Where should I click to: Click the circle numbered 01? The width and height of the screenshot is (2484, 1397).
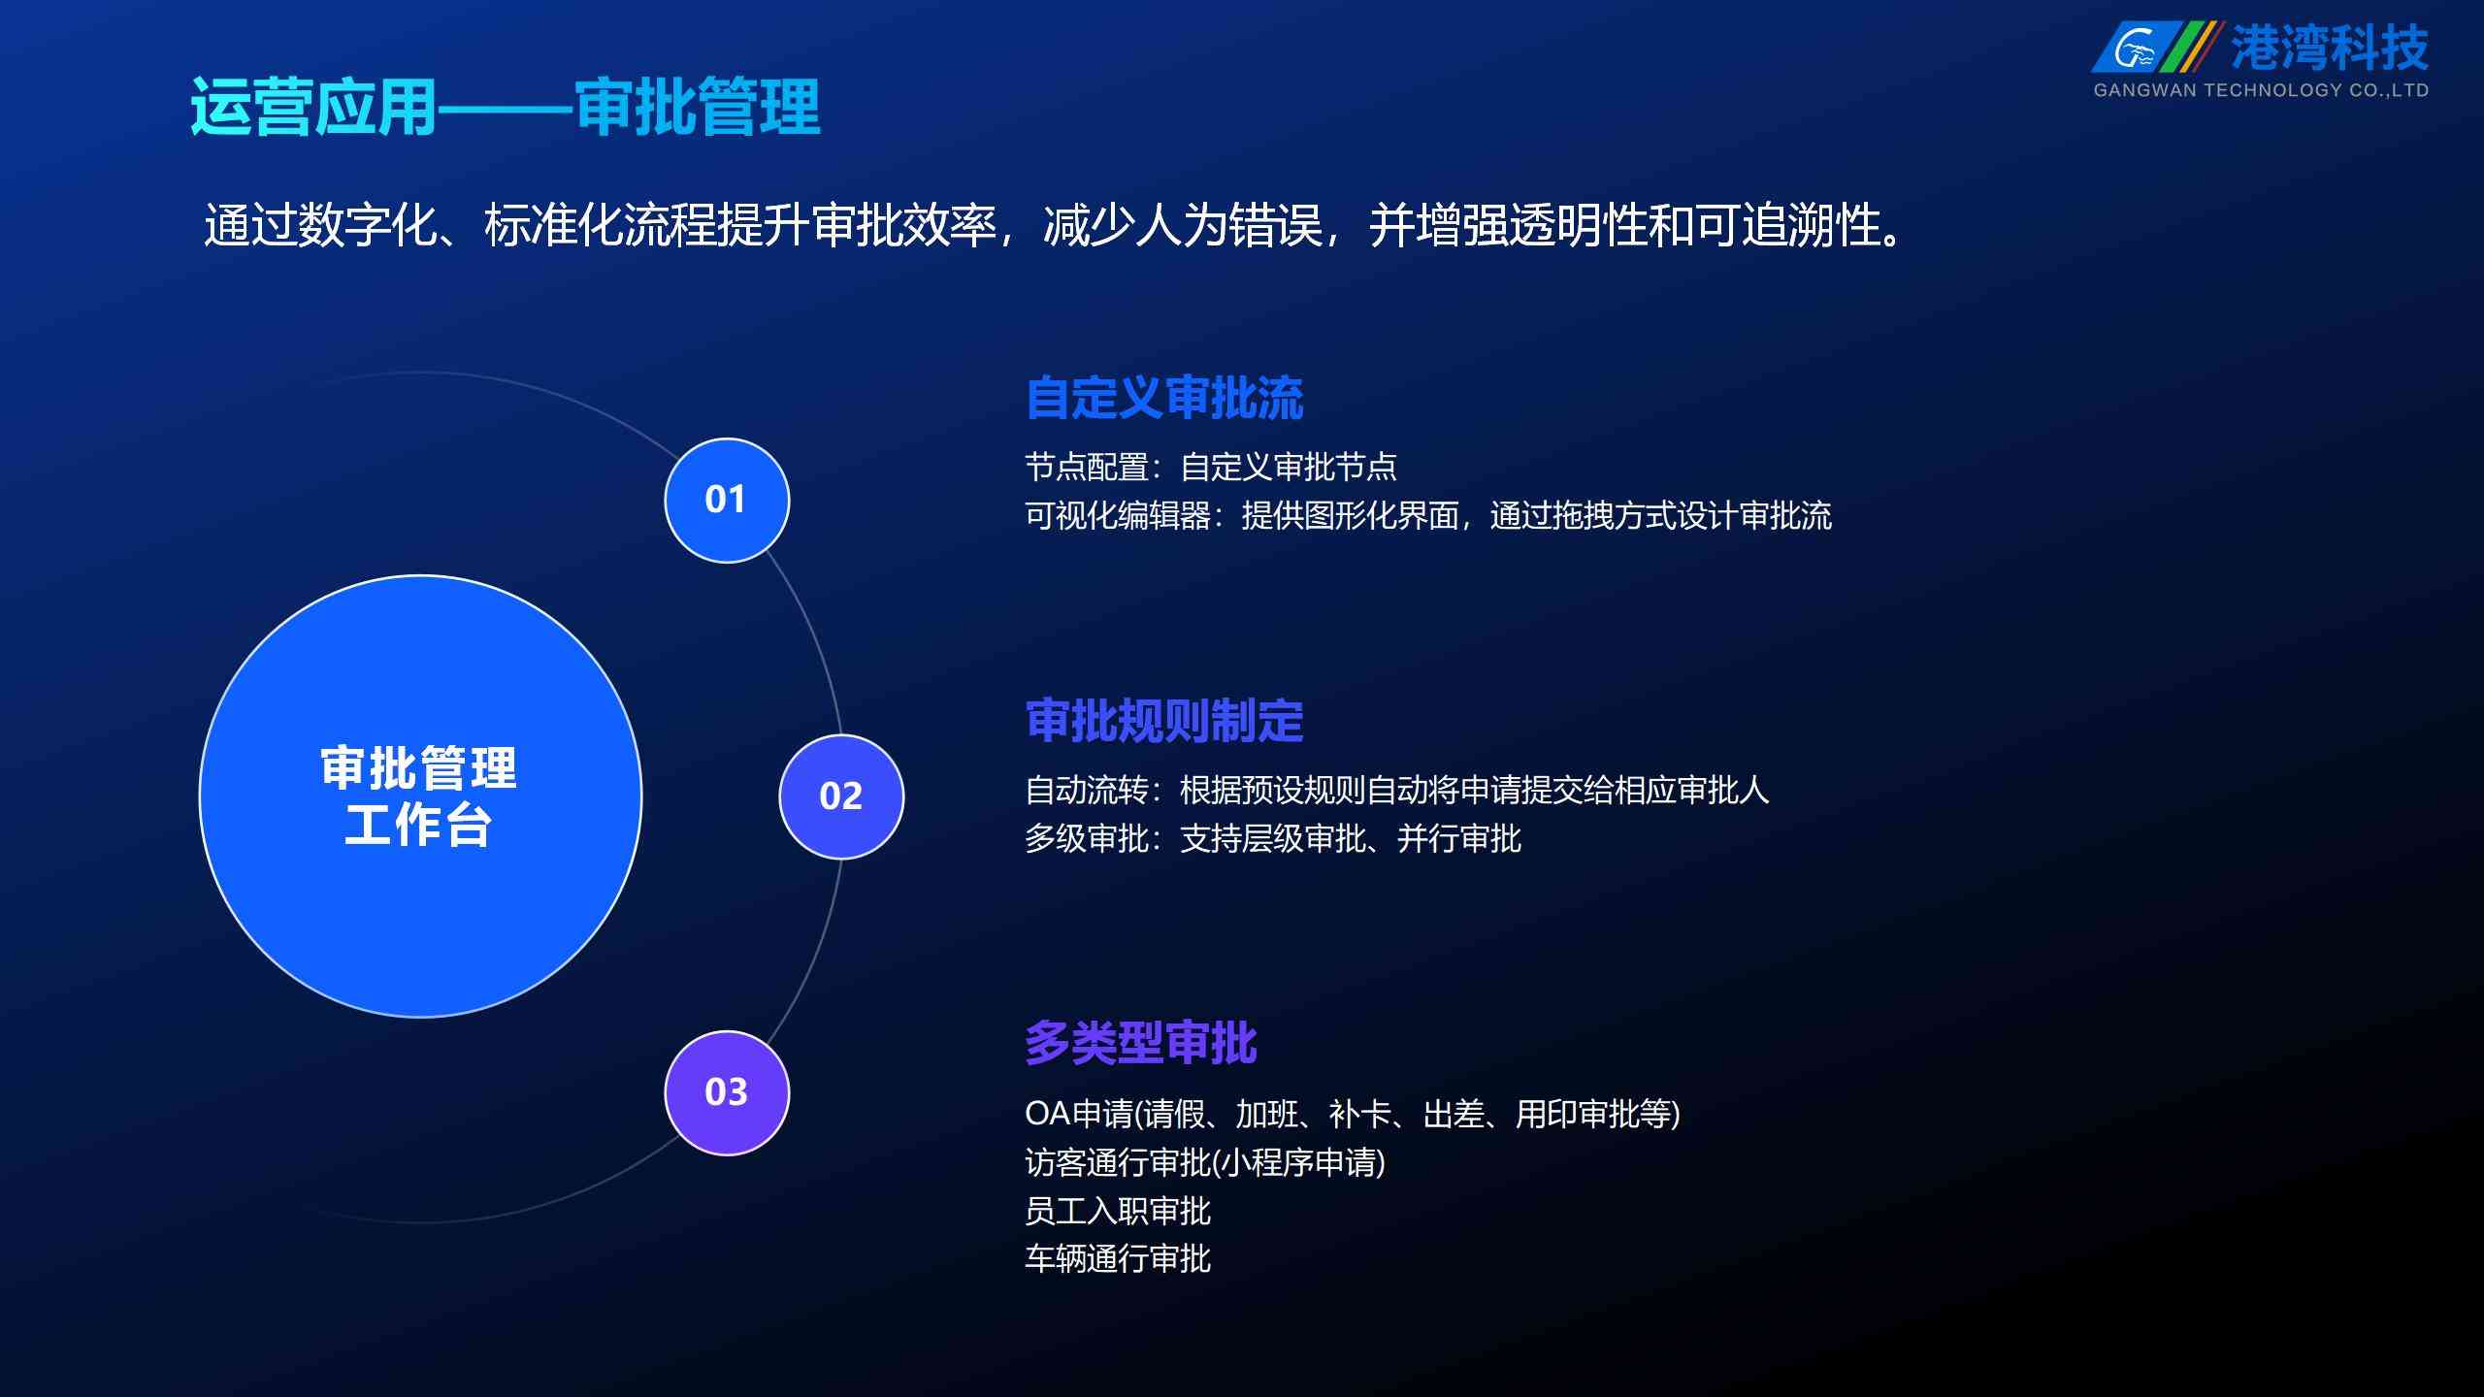727,500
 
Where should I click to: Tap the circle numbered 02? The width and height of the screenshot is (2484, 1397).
841,796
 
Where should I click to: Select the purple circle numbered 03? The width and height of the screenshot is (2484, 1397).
727,1092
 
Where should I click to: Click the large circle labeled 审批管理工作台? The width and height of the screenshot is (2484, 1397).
420,796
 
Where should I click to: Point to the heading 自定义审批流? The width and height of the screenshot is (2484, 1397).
1164,398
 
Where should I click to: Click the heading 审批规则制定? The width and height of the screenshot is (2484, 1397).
1164,721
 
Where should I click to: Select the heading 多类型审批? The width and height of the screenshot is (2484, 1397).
1141,1043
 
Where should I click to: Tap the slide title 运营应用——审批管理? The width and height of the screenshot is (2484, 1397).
506,107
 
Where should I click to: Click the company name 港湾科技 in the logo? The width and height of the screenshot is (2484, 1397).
2329,47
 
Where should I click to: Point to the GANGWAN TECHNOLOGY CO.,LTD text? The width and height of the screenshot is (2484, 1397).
2261,90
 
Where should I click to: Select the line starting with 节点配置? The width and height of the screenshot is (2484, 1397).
1211,467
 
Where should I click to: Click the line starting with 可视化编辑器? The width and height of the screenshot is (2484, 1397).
1428,515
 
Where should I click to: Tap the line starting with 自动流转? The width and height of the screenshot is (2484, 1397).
1397,790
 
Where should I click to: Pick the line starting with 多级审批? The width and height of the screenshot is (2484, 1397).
1273,838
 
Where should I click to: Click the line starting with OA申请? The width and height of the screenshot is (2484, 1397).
1353,1114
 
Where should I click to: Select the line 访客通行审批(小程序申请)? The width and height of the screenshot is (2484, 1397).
1205,1162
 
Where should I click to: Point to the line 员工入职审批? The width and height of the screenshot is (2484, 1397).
1118,1211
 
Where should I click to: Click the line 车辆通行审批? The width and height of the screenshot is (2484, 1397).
1118,1259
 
